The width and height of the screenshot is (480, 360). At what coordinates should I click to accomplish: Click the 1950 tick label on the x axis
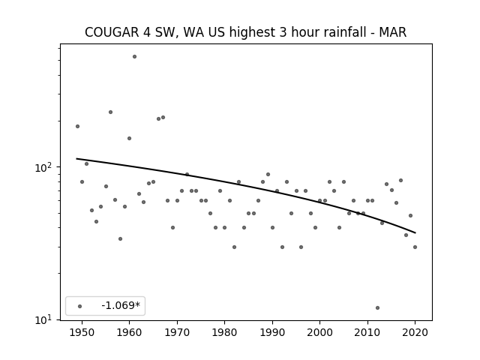tap(82, 332)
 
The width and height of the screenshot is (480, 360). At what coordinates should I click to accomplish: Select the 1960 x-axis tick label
tap(129, 332)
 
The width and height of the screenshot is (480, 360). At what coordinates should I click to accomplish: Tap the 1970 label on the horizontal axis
tap(177, 332)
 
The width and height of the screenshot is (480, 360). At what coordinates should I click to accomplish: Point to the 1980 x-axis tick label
tap(224, 332)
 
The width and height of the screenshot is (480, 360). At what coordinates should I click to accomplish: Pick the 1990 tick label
tap(272, 332)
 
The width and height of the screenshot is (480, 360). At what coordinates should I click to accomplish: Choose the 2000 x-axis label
tap(319, 332)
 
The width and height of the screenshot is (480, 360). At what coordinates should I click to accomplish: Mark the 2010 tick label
tap(367, 332)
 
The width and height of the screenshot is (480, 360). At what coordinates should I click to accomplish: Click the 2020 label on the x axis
tap(415, 332)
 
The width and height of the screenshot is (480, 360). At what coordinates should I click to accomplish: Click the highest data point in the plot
tap(134, 57)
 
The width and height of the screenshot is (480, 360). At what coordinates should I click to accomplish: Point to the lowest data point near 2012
tap(377, 307)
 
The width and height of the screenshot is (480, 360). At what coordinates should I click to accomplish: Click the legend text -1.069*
tap(121, 305)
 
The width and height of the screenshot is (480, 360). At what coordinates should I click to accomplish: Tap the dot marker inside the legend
tap(80, 306)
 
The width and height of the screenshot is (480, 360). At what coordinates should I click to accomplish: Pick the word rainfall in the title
tap(333, 32)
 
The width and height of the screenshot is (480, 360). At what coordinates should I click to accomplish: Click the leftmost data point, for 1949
tap(77, 126)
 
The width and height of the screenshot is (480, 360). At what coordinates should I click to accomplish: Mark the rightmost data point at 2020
tap(415, 247)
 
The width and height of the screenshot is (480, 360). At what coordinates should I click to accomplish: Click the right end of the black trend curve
tap(415, 233)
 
